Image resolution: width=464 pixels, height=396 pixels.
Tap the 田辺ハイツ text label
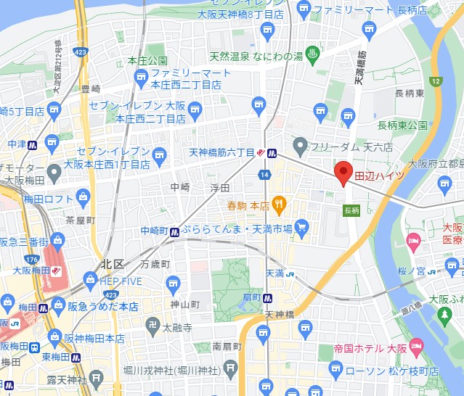(x=378, y=176)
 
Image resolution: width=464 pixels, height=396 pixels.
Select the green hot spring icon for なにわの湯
(x=313, y=53)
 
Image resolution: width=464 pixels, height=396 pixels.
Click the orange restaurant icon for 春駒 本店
(x=280, y=204)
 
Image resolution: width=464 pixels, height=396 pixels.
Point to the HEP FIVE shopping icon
(x=90, y=279)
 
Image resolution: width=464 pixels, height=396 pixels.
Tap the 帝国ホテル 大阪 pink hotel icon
(x=416, y=346)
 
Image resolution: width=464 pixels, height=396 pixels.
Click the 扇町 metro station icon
(x=268, y=297)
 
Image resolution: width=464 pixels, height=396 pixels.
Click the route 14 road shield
(x=266, y=175)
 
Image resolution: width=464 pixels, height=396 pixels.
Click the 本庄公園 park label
(x=147, y=60)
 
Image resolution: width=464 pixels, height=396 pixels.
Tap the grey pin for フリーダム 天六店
(x=301, y=145)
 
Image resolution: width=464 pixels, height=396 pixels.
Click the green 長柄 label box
(x=351, y=210)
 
